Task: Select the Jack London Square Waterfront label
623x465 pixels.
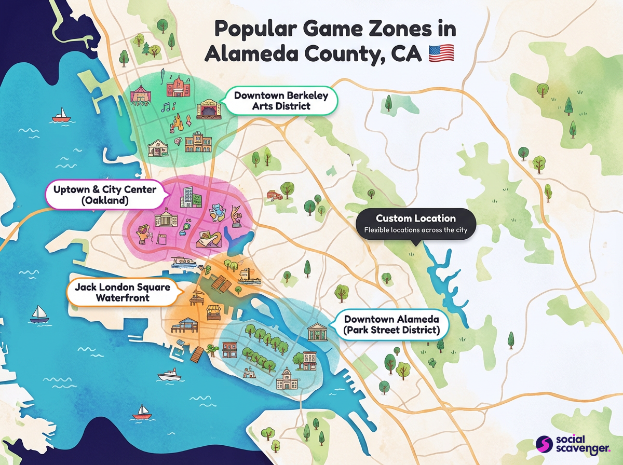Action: click(x=122, y=292)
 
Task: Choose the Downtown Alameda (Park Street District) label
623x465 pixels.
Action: click(x=391, y=324)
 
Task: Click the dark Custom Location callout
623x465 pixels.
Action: click(x=416, y=224)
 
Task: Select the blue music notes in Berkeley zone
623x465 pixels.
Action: click(x=168, y=107)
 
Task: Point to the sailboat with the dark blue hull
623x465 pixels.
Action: click(x=38, y=314)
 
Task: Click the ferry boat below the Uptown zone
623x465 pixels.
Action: click(x=183, y=263)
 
